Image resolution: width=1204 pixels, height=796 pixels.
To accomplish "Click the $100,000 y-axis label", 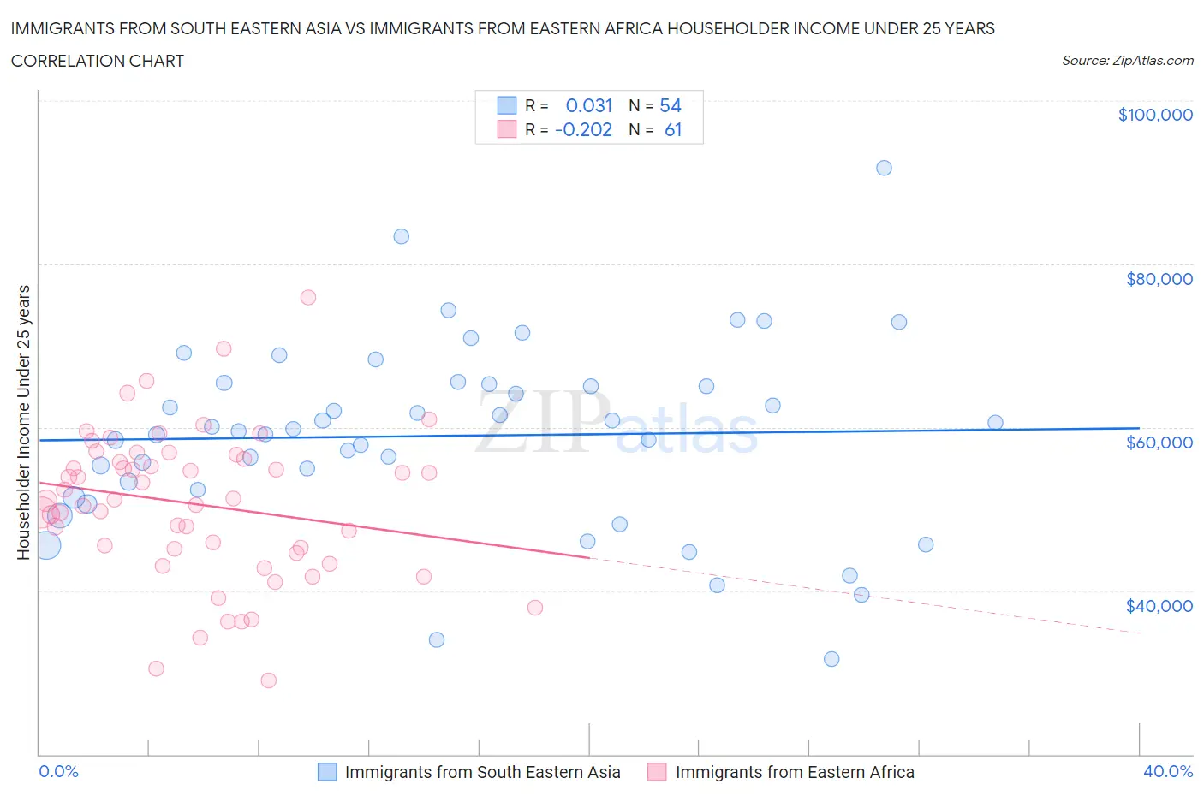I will (x=1155, y=115).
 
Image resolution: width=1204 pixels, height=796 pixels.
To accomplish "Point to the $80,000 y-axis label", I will (x=1159, y=279).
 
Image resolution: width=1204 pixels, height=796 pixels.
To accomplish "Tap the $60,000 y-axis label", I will (x=1159, y=443).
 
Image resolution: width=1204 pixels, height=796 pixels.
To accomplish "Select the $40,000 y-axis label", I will (x=1159, y=606).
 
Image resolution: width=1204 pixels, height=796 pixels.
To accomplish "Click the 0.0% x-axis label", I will (x=58, y=771).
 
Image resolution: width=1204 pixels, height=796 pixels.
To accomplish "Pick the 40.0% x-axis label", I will (x=1168, y=771).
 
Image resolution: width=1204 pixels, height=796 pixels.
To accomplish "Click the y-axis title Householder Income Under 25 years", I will (x=23, y=422).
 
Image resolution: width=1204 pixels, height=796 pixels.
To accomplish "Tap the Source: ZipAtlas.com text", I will (x=1127, y=61).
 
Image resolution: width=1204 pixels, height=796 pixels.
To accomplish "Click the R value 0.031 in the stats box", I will (x=589, y=105).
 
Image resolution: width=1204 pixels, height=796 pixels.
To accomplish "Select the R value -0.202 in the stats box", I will (x=583, y=129).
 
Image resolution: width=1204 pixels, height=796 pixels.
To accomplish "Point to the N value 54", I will (x=671, y=105).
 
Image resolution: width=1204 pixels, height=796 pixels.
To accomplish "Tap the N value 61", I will (x=673, y=129).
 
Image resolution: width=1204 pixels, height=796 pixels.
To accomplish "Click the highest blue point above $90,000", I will (x=884, y=168).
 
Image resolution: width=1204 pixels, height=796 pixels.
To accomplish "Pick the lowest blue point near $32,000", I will (x=831, y=659).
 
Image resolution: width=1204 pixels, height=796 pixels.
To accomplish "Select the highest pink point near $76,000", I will (x=308, y=297).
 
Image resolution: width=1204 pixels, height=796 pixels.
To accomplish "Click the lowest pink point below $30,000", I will (x=268, y=680).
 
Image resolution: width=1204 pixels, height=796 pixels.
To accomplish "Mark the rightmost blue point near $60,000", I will (x=995, y=422).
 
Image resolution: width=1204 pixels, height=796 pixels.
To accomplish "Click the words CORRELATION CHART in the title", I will (x=98, y=61).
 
